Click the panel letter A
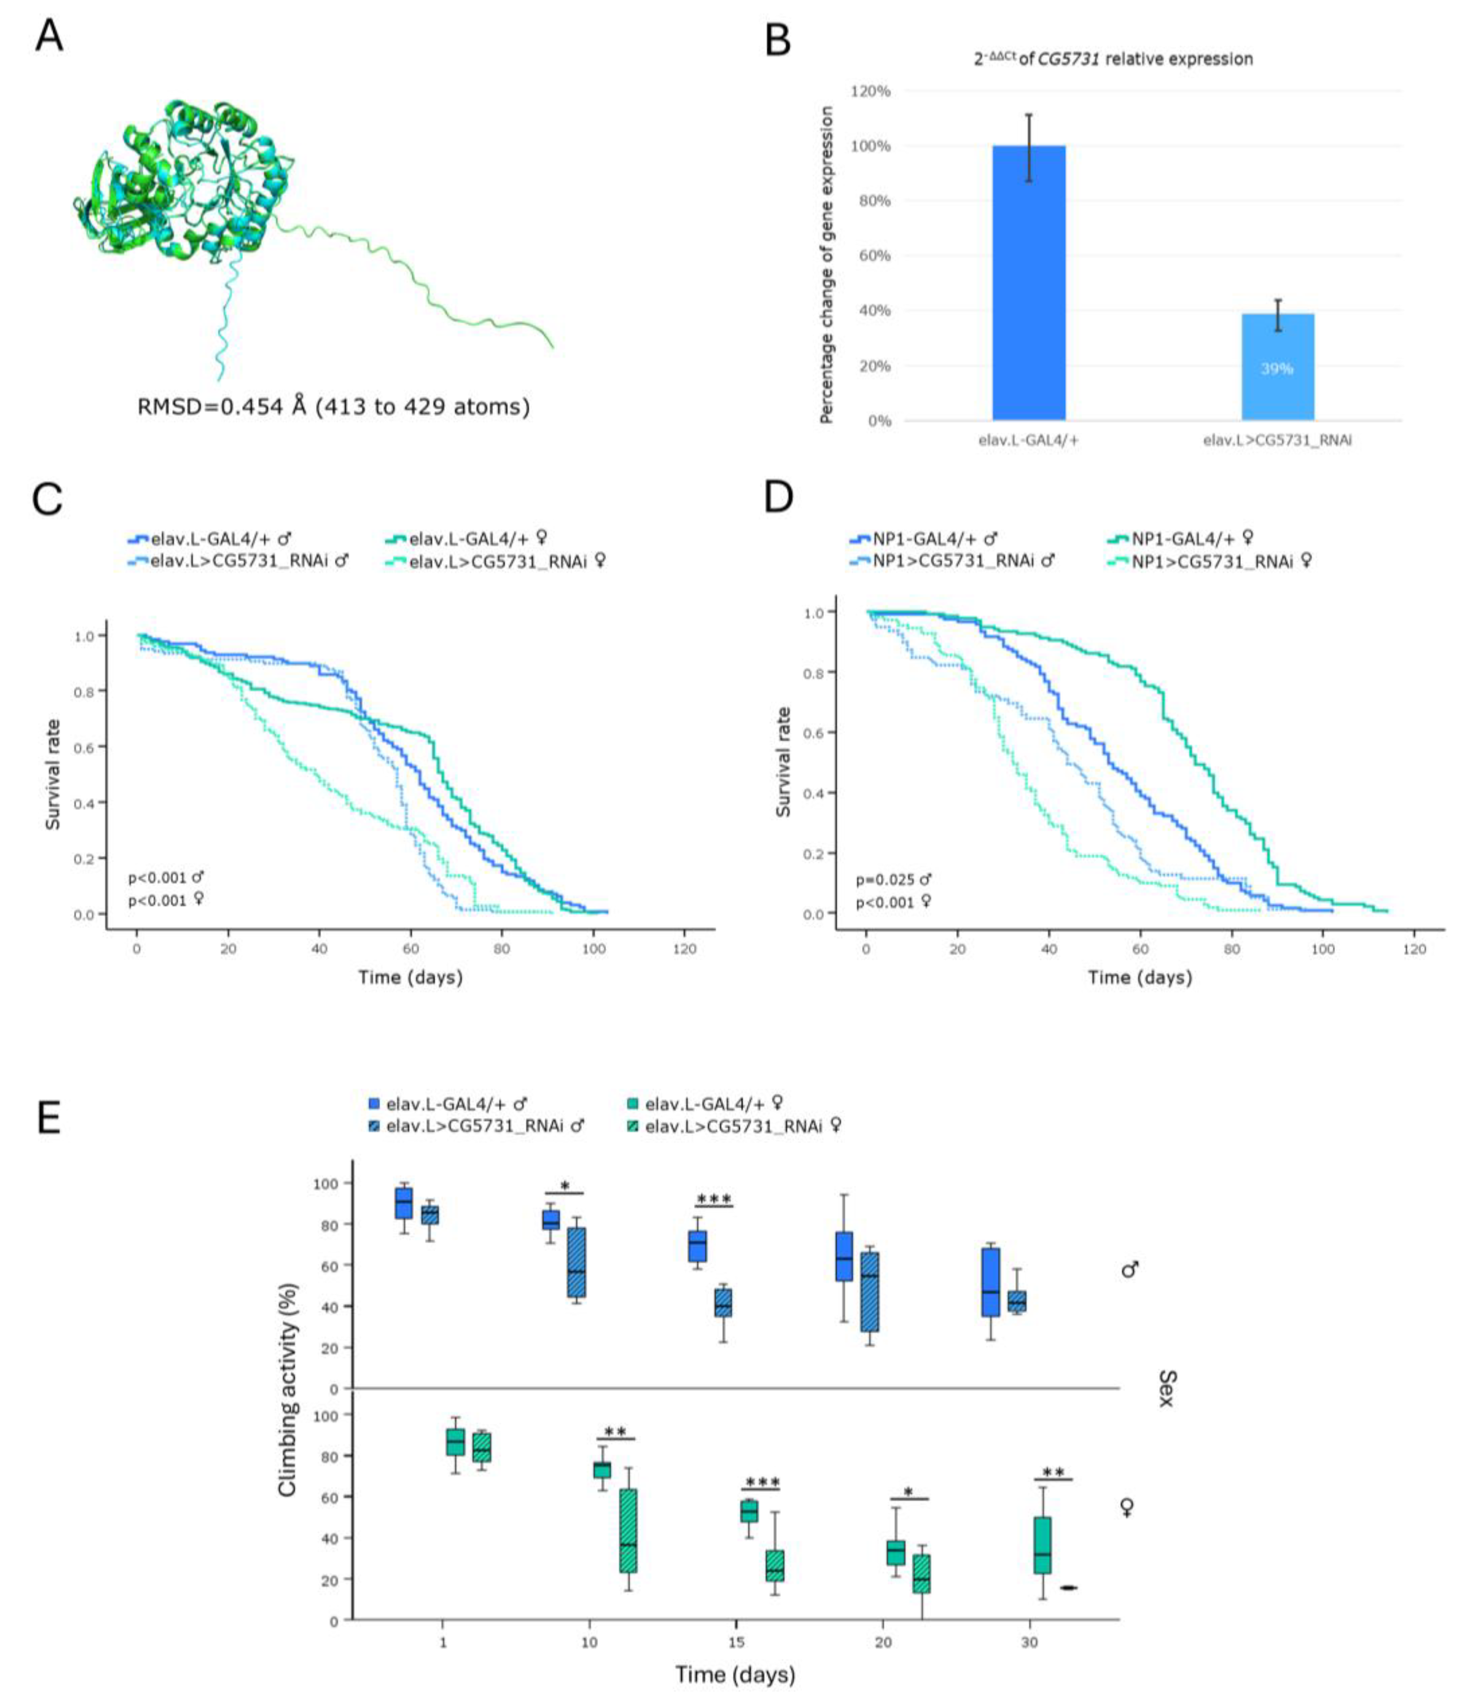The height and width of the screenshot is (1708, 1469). (x=49, y=37)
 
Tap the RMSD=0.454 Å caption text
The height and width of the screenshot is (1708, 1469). (x=333, y=406)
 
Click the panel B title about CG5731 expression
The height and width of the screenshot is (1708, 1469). (x=1113, y=59)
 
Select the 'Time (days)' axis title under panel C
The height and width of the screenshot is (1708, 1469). (x=410, y=978)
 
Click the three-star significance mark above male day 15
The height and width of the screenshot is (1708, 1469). (x=714, y=1200)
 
